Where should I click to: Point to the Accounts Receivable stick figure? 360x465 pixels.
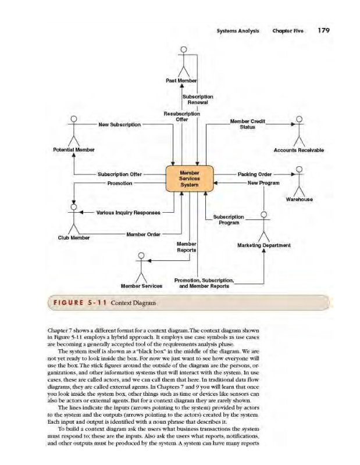[x=299, y=131]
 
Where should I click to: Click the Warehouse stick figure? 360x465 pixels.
[x=299, y=180]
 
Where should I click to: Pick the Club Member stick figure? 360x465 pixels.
[x=74, y=217]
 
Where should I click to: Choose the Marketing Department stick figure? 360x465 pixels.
[x=264, y=226]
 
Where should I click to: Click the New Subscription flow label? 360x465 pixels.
[x=119, y=125]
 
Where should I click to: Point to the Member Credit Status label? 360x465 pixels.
[x=248, y=124]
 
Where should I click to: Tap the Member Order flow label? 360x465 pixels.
[x=144, y=234]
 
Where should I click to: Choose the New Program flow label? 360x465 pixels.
[x=264, y=183]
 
